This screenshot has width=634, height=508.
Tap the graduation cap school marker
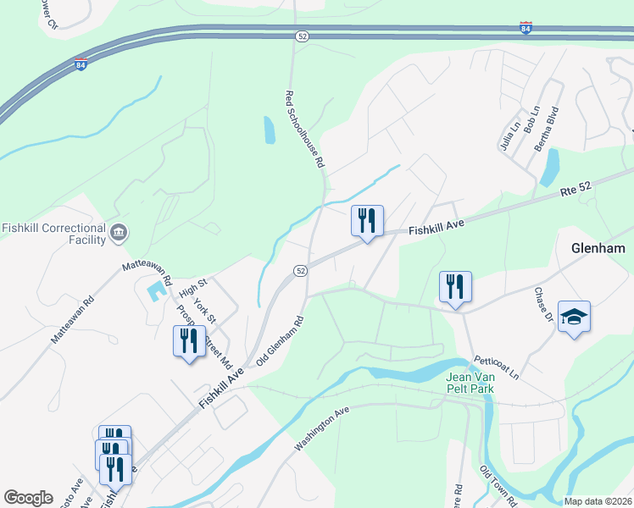(x=574, y=317)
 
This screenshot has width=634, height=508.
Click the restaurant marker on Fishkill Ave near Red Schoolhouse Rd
(x=367, y=222)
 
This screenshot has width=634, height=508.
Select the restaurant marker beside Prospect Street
(x=189, y=341)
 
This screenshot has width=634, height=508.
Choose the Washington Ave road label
(x=322, y=429)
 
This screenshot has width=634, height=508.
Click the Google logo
(x=29, y=498)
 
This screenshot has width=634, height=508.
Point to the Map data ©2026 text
(x=598, y=501)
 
